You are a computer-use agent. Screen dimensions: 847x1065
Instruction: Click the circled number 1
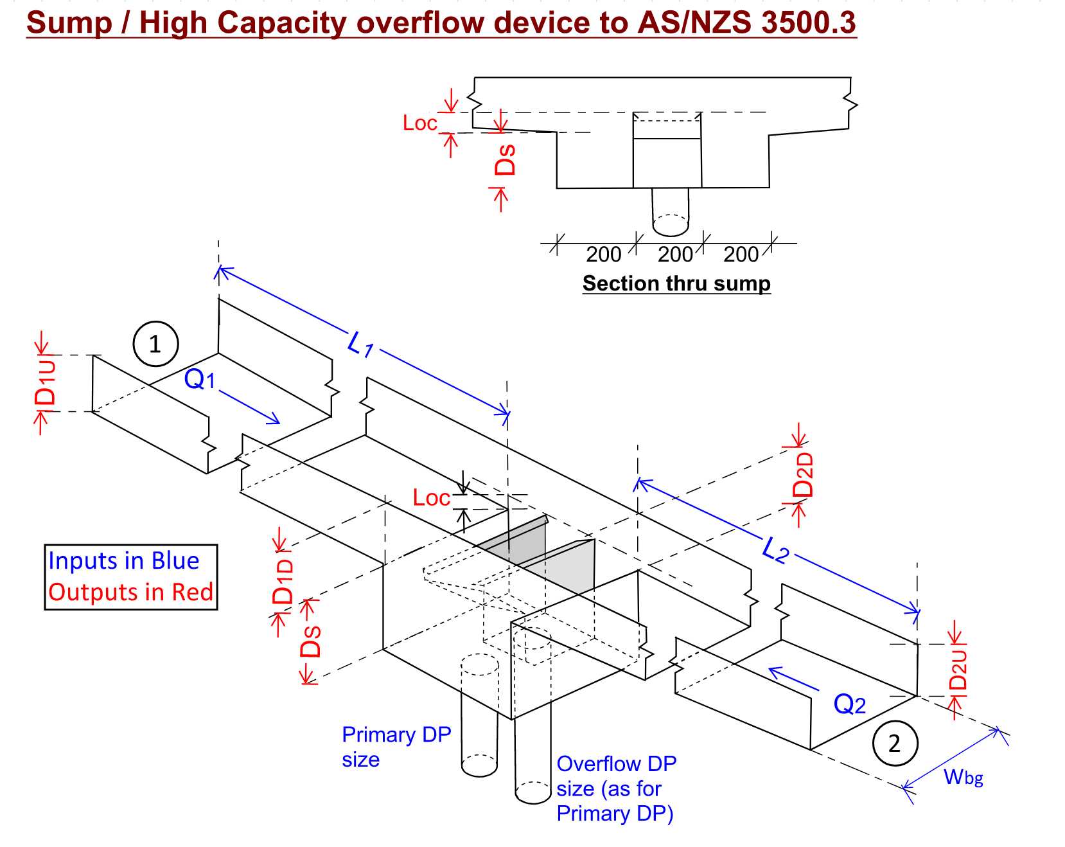tap(155, 344)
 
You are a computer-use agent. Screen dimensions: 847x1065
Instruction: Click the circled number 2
tap(895, 744)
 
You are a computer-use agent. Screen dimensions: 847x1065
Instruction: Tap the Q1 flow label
tap(199, 379)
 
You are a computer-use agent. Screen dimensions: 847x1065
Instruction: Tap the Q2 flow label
tap(849, 704)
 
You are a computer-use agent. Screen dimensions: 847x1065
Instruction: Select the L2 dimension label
tap(775, 550)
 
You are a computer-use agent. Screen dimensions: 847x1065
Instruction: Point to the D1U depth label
tap(46, 382)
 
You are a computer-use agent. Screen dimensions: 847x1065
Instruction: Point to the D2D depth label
tap(803, 475)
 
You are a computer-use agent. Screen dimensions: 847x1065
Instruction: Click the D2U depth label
tap(957, 669)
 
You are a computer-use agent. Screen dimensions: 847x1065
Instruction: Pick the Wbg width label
tap(963, 777)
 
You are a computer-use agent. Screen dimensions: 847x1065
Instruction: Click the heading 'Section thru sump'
tap(676, 283)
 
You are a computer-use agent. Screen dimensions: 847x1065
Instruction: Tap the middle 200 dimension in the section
tap(674, 254)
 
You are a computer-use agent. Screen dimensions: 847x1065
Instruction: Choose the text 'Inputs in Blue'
tap(124, 560)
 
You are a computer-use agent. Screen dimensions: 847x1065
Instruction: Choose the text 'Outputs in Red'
tap(130, 592)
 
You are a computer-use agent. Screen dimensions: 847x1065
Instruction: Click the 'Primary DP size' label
tap(396, 746)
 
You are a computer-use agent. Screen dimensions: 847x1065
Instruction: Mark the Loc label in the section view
tap(419, 123)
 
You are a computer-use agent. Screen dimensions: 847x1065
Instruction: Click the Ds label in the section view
tap(506, 159)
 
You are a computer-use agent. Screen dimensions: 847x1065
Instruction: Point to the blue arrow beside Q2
tap(793, 679)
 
